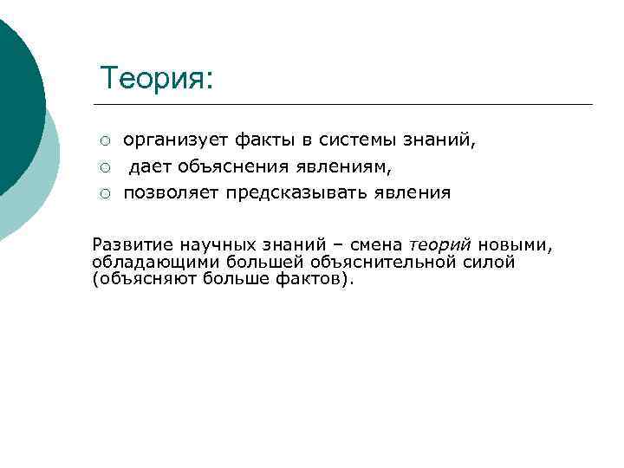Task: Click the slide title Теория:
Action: [156, 79]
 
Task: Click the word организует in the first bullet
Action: [166, 140]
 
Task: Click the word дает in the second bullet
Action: [148, 166]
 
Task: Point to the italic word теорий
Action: [440, 244]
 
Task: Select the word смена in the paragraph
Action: [377, 244]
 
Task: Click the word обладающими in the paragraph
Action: [156, 262]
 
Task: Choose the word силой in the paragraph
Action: [490, 262]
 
